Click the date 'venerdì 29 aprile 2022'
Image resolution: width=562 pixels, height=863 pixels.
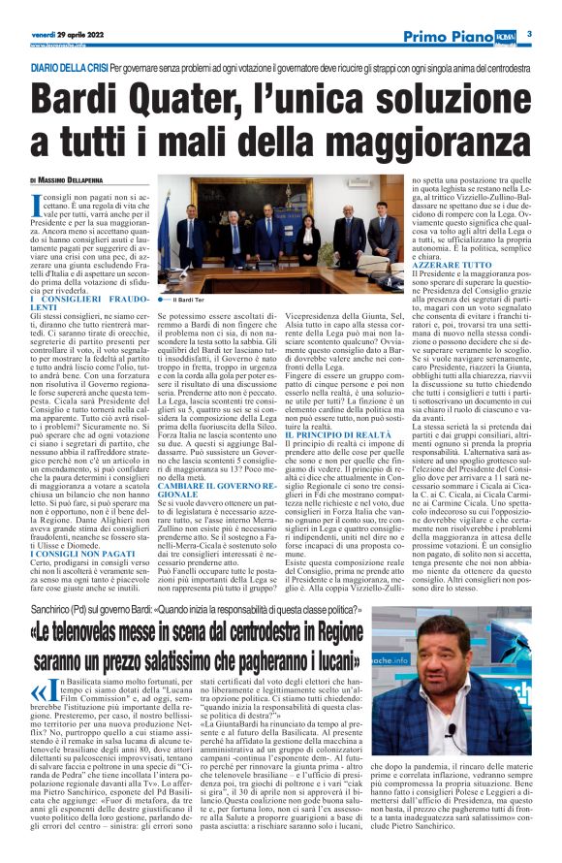[66, 34]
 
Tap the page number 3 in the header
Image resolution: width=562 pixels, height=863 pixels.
[530, 34]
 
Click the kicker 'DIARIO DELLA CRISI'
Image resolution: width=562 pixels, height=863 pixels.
[68, 68]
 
